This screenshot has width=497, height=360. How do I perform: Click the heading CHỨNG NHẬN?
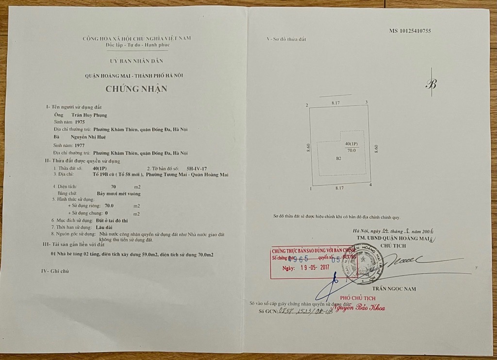[x=136, y=88]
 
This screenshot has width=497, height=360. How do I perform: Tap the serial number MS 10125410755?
[x=410, y=31]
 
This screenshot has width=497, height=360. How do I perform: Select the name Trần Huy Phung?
[x=89, y=115]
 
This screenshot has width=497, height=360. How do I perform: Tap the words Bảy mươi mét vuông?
[x=119, y=193]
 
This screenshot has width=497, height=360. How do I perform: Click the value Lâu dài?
[x=102, y=227]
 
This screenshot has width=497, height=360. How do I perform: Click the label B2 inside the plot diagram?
[x=339, y=158]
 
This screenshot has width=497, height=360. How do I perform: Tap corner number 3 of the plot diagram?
[x=366, y=102]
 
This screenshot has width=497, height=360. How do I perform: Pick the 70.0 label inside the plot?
[x=350, y=151]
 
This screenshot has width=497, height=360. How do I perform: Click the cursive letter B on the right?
[x=431, y=84]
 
